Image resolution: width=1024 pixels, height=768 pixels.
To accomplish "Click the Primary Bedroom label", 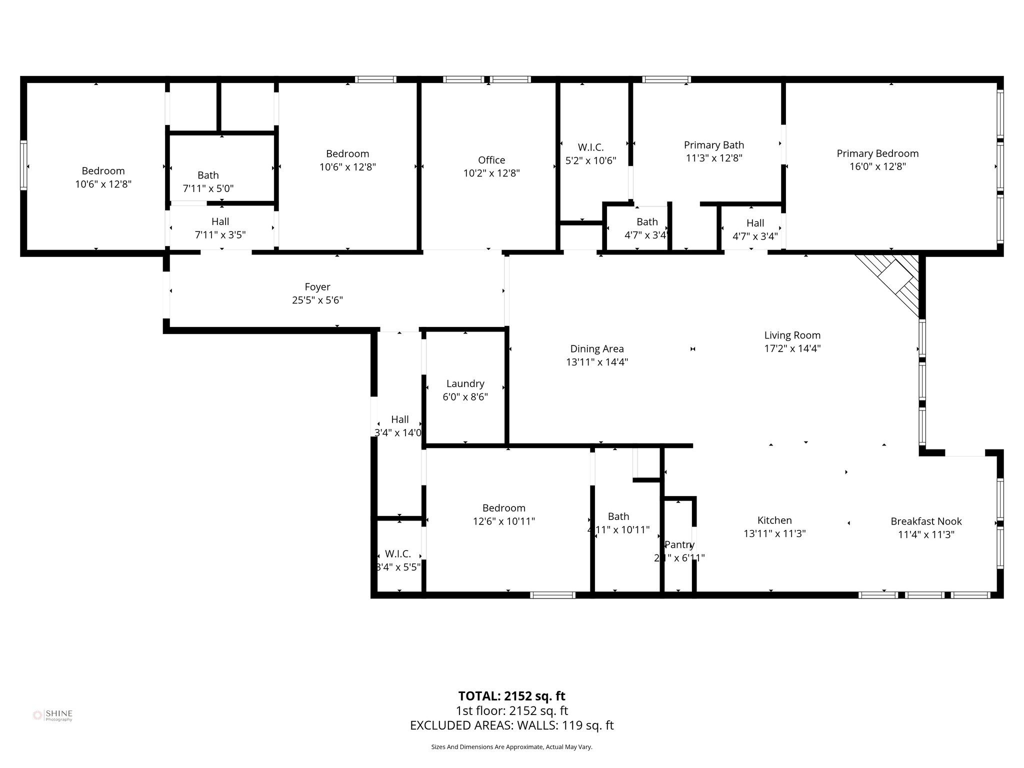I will (877, 153).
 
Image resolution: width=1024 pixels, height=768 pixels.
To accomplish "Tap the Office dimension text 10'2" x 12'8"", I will (491, 173).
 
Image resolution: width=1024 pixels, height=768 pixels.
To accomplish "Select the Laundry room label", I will (465, 383).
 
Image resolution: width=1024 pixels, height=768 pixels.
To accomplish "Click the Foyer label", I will (317, 286).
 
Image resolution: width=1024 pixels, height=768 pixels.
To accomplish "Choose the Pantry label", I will (679, 544).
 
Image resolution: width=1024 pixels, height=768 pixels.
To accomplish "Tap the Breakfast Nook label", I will (926, 521).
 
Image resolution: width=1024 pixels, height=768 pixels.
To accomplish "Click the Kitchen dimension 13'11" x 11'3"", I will (774, 533).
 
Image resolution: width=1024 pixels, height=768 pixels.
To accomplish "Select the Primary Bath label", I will (713, 145).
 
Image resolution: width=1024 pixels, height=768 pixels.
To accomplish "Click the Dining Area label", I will (597, 348).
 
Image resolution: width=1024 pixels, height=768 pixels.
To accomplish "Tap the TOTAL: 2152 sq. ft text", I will (511, 695).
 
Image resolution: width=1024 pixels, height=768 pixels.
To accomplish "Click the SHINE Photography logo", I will (53, 715).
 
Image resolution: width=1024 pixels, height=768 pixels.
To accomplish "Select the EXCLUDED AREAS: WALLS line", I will (511, 725).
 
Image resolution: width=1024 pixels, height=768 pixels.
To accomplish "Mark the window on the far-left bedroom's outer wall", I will (23, 165).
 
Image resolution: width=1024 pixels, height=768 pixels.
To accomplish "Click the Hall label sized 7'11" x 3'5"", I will (220, 221).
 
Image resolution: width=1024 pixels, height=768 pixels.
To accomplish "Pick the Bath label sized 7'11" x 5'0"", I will (208, 175).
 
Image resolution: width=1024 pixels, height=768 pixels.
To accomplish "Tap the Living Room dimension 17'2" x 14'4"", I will (792, 348).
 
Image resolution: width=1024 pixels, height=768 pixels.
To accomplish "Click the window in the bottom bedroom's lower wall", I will (552, 594).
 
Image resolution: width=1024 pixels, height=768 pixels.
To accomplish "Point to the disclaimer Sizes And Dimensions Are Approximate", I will (511, 747).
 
